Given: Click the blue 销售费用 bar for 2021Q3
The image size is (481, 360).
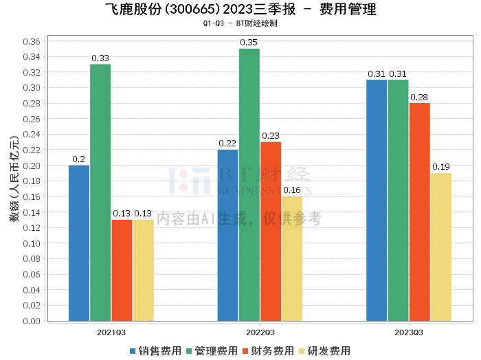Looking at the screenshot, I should tap(79, 243).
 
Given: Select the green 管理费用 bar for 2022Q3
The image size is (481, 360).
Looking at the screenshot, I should tap(249, 185).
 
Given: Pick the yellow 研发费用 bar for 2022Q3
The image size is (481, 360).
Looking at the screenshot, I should tap(292, 258).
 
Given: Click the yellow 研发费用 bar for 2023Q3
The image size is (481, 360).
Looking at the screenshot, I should tap(441, 247).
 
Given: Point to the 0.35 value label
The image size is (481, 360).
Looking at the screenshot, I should tap(249, 43).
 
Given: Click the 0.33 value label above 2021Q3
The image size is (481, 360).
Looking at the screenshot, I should tap(100, 58).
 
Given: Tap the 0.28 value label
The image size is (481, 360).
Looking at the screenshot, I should tap(419, 98).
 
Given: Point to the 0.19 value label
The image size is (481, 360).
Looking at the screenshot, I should tap(441, 168).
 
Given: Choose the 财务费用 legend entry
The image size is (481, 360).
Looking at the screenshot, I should tap(269, 351).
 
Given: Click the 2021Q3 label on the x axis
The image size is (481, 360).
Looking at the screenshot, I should tap(111, 331).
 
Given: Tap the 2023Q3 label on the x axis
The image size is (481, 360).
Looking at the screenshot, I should tap(408, 331).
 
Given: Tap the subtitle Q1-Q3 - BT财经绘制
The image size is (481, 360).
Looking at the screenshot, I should tap(240, 23).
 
